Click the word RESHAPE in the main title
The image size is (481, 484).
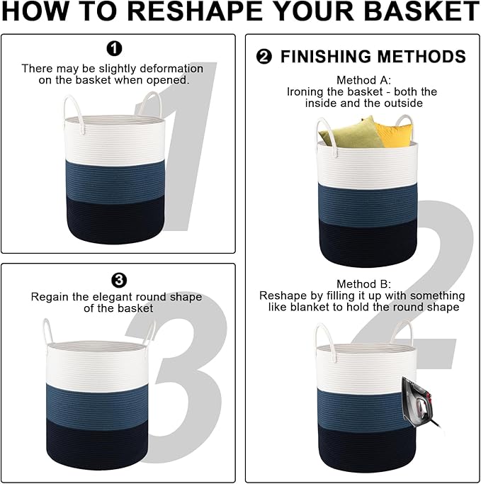tap(195, 11)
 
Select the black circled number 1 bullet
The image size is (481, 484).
tap(114, 48)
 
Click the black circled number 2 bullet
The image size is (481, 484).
tap(264, 57)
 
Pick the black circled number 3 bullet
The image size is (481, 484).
tap(119, 281)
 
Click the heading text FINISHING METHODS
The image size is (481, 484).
tap(373, 57)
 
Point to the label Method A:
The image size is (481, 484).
tap(363, 80)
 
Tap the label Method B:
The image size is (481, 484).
tap(363, 283)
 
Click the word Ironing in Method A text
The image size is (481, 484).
tap(305, 92)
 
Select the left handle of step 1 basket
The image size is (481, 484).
tap(73, 113)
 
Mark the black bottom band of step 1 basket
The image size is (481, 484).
tap(115, 220)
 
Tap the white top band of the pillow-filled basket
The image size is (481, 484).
tap(367, 165)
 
